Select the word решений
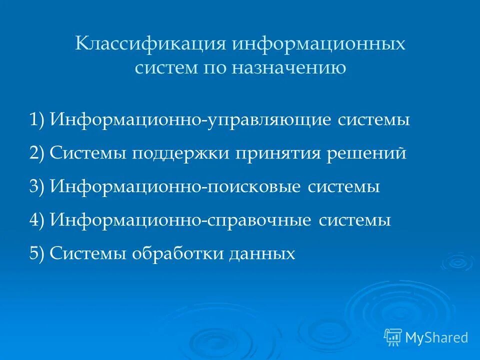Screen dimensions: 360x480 [366, 153]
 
